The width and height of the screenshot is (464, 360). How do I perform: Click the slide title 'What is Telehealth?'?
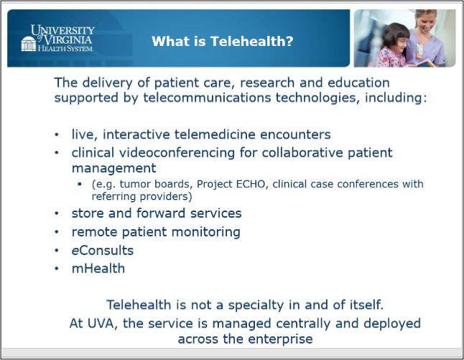(x=222, y=41)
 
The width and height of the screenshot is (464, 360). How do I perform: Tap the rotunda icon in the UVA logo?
(x=29, y=44)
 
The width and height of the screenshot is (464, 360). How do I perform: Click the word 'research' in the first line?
(x=267, y=83)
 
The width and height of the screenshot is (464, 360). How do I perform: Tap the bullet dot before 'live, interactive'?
(x=57, y=134)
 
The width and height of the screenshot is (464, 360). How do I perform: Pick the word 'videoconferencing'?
(x=177, y=153)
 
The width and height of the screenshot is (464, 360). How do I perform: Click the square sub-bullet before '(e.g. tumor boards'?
(x=80, y=184)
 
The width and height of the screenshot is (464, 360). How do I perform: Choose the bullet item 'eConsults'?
(x=103, y=251)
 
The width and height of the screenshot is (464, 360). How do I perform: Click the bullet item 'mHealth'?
(x=98, y=269)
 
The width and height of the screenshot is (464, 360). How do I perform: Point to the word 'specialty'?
(x=256, y=305)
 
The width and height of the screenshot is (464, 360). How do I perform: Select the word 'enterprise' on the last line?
(x=280, y=339)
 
